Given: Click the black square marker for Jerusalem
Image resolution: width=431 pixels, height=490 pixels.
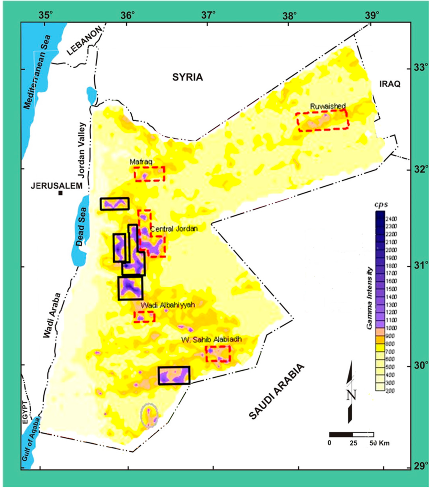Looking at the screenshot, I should click(61, 193).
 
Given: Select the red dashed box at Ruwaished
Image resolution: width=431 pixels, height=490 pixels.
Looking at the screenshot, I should click(322, 120).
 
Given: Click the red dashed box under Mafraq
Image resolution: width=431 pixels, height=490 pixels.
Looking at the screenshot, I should click(149, 174).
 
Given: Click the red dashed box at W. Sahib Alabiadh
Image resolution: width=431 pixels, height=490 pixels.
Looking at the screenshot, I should click(218, 353).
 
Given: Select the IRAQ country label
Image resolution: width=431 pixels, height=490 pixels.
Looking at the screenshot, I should click(387, 84).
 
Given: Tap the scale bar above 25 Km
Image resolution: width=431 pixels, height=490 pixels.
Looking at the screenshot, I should click(351, 434).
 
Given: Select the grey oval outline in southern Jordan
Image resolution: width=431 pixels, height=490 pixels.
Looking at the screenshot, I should click(149, 415).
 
